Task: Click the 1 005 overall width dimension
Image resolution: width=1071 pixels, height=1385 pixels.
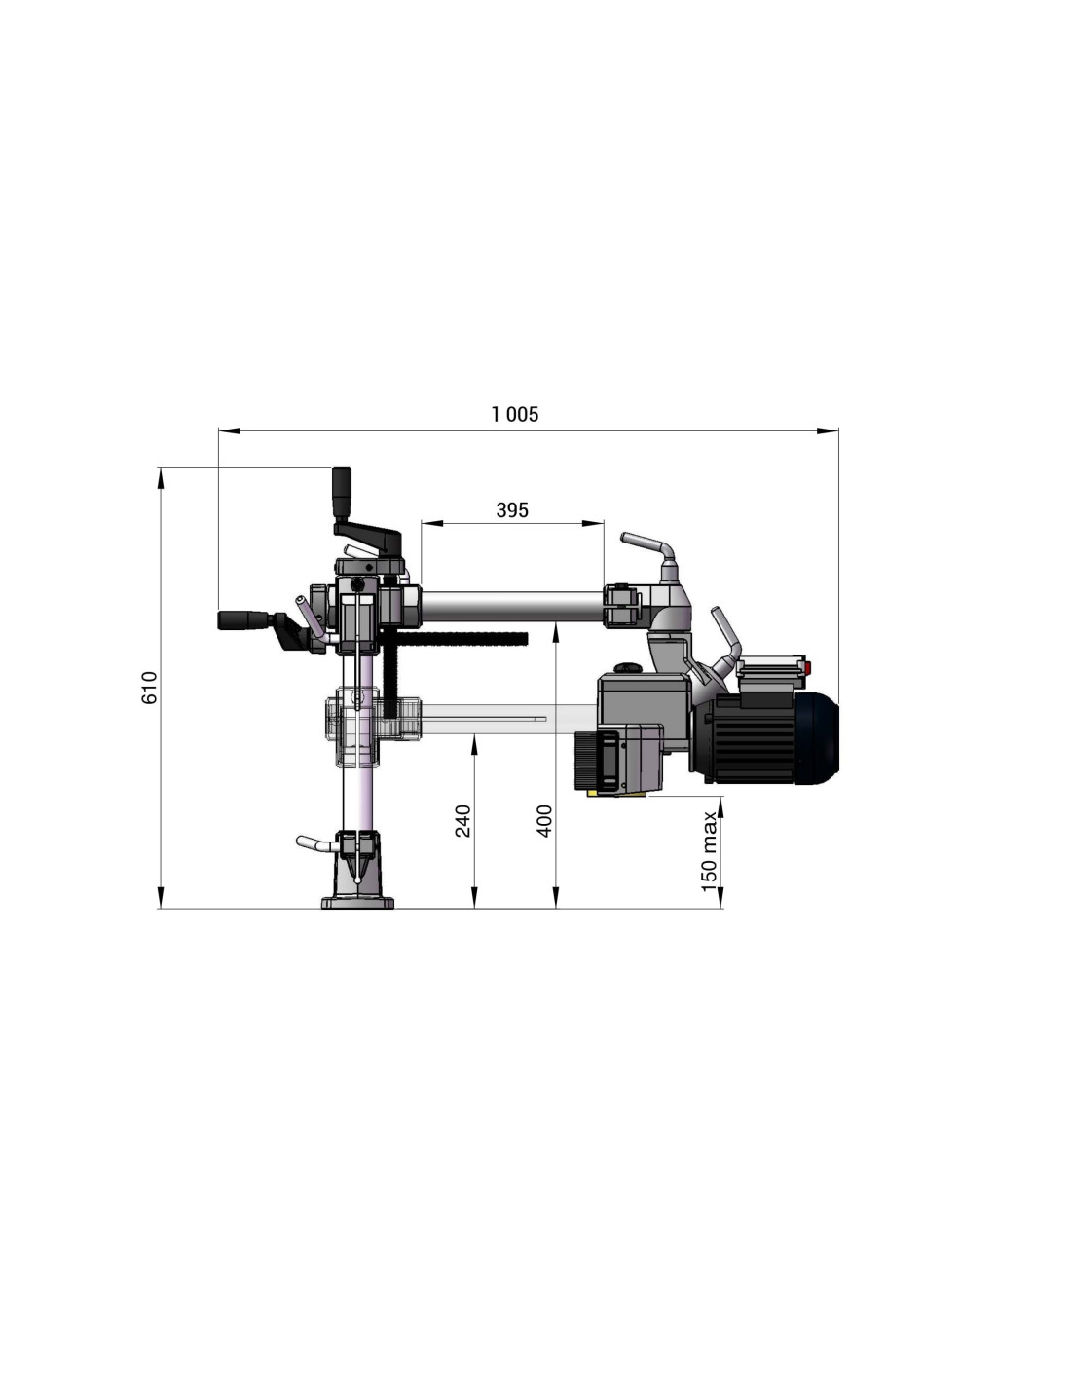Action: (x=514, y=414)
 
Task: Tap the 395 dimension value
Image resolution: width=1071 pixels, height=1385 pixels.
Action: (x=511, y=509)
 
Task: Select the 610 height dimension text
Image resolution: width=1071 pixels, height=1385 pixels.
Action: (x=148, y=687)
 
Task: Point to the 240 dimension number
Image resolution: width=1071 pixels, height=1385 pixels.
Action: (x=462, y=820)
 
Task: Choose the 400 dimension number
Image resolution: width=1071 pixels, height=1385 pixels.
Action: (x=544, y=820)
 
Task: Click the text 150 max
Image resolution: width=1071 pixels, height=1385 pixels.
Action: (x=709, y=852)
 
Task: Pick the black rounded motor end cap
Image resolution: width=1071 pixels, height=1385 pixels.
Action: (x=818, y=736)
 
